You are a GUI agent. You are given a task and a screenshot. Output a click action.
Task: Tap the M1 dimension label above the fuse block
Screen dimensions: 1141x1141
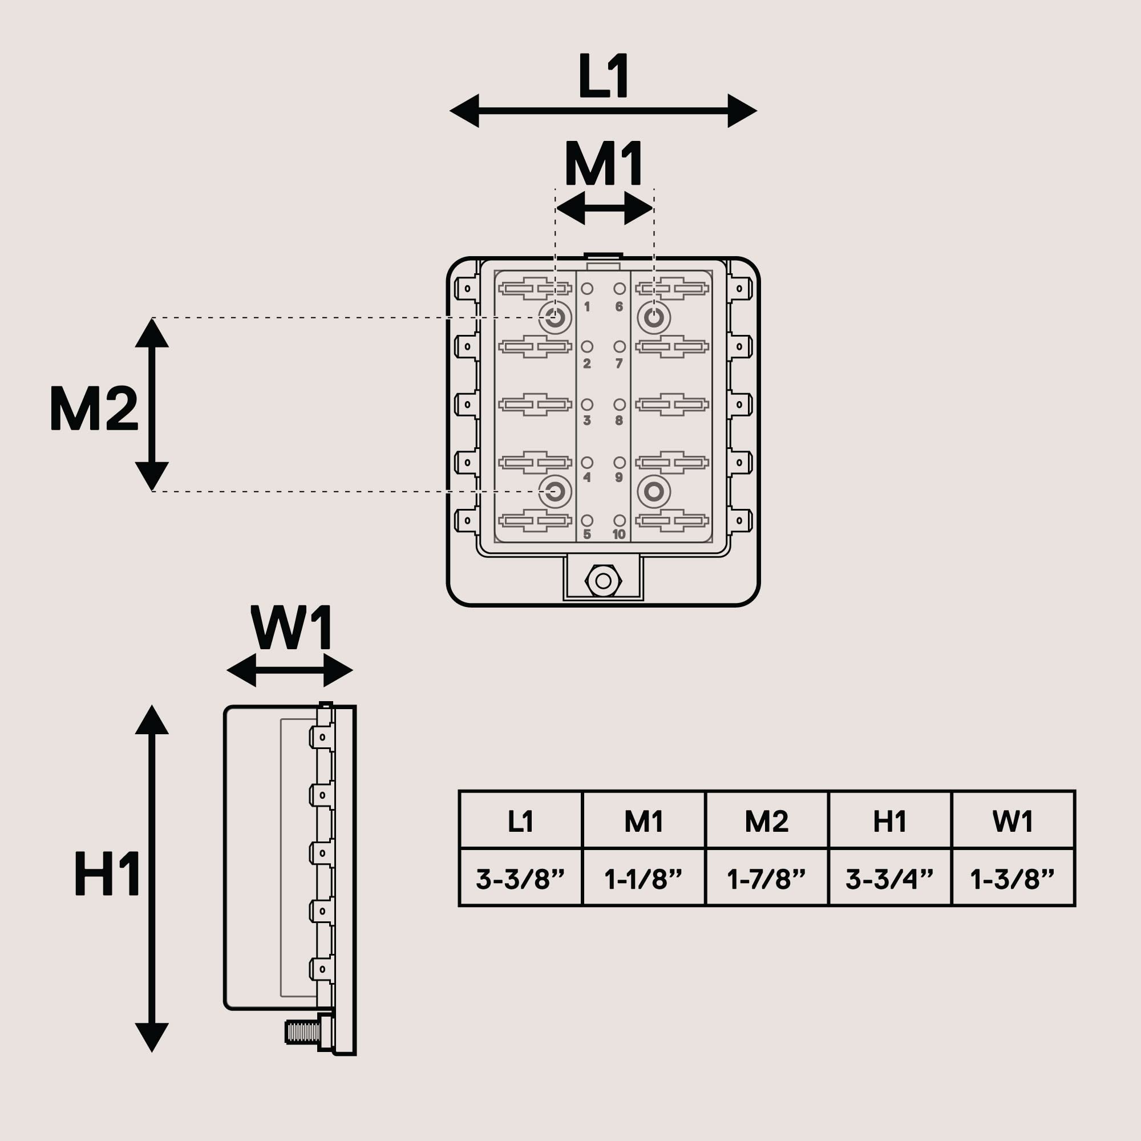coord(604,164)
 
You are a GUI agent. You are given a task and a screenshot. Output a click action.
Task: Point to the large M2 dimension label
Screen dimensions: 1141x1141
coord(94,407)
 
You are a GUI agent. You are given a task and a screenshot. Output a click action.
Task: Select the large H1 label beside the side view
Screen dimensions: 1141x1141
coord(107,873)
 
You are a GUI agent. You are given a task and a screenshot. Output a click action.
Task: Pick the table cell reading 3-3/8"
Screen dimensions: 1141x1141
coord(520,879)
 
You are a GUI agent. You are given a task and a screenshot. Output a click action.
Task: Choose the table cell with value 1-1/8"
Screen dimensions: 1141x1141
coord(643,879)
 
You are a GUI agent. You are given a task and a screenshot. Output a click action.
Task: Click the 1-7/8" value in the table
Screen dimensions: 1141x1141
coord(767,879)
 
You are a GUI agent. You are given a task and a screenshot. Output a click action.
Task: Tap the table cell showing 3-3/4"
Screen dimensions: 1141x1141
coord(889,879)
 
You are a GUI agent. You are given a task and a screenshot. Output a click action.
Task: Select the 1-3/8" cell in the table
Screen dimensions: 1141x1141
coord(1012,879)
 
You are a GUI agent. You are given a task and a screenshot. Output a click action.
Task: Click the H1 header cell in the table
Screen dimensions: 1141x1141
coord(889,822)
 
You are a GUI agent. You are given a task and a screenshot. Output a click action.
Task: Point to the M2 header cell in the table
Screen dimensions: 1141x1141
coord(767,822)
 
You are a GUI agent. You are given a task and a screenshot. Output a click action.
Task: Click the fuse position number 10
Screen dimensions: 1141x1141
coord(619,535)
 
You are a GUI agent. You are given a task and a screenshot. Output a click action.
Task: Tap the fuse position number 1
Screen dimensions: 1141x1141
coord(587,307)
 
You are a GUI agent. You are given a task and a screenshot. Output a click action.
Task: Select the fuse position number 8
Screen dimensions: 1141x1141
coord(619,420)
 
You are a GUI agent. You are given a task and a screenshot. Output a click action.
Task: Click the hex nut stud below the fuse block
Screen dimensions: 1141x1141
coord(603,581)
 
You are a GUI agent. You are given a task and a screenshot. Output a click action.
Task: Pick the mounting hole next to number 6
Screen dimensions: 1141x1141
coord(654,318)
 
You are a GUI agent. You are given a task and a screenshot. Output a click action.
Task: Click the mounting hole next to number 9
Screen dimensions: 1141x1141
coord(654,491)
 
